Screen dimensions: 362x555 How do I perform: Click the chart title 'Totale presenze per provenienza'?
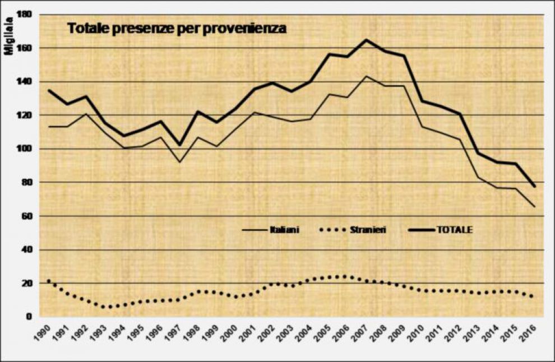pyautogui.click(x=177, y=28)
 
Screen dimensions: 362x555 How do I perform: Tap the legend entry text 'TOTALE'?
pyautogui.click(x=454, y=229)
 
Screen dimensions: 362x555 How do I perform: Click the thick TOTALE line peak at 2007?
pyautogui.click(x=366, y=40)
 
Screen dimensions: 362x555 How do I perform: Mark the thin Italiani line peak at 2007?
pyautogui.click(x=366, y=76)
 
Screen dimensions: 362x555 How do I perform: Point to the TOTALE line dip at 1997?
pyautogui.click(x=179, y=145)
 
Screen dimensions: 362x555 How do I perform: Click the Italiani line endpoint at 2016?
pyautogui.click(x=534, y=207)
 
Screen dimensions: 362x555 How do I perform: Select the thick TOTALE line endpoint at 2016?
pyautogui.click(x=534, y=186)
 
